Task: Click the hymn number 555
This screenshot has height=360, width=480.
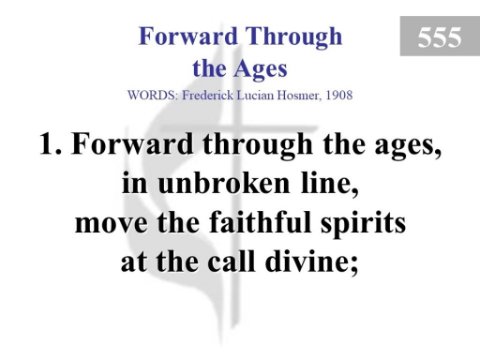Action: pyautogui.click(x=440, y=37)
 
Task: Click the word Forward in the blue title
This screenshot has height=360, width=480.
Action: pyautogui.click(x=188, y=36)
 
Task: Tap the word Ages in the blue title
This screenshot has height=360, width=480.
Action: pyautogui.click(x=260, y=70)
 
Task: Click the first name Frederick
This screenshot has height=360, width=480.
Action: pyautogui.click(x=208, y=95)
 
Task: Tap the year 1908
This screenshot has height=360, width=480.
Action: pyautogui.click(x=339, y=95)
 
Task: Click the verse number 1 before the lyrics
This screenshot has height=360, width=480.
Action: pyautogui.click(x=50, y=144)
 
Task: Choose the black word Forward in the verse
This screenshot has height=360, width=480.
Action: pyautogui.click(x=132, y=144)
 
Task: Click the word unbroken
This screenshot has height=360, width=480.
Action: pyautogui.click(x=224, y=183)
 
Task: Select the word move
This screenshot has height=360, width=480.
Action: pyautogui.click(x=111, y=225)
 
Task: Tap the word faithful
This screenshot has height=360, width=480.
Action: pyautogui.click(x=261, y=222)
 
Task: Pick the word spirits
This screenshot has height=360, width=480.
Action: pyautogui.click(x=364, y=225)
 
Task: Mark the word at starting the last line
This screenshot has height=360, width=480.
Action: pyautogui.click(x=134, y=263)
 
